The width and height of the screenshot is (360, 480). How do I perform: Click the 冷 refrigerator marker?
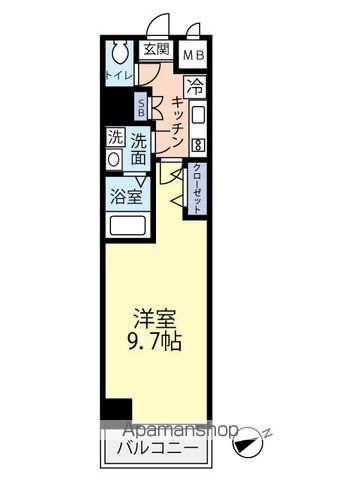pyautogui.click(x=195, y=87)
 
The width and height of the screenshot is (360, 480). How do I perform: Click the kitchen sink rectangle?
pyautogui.click(x=197, y=111)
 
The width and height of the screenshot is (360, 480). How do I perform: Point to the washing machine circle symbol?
pyautogui.click(x=115, y=159)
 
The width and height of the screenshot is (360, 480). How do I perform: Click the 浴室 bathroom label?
pyautogui.click(x=126, y=195)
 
